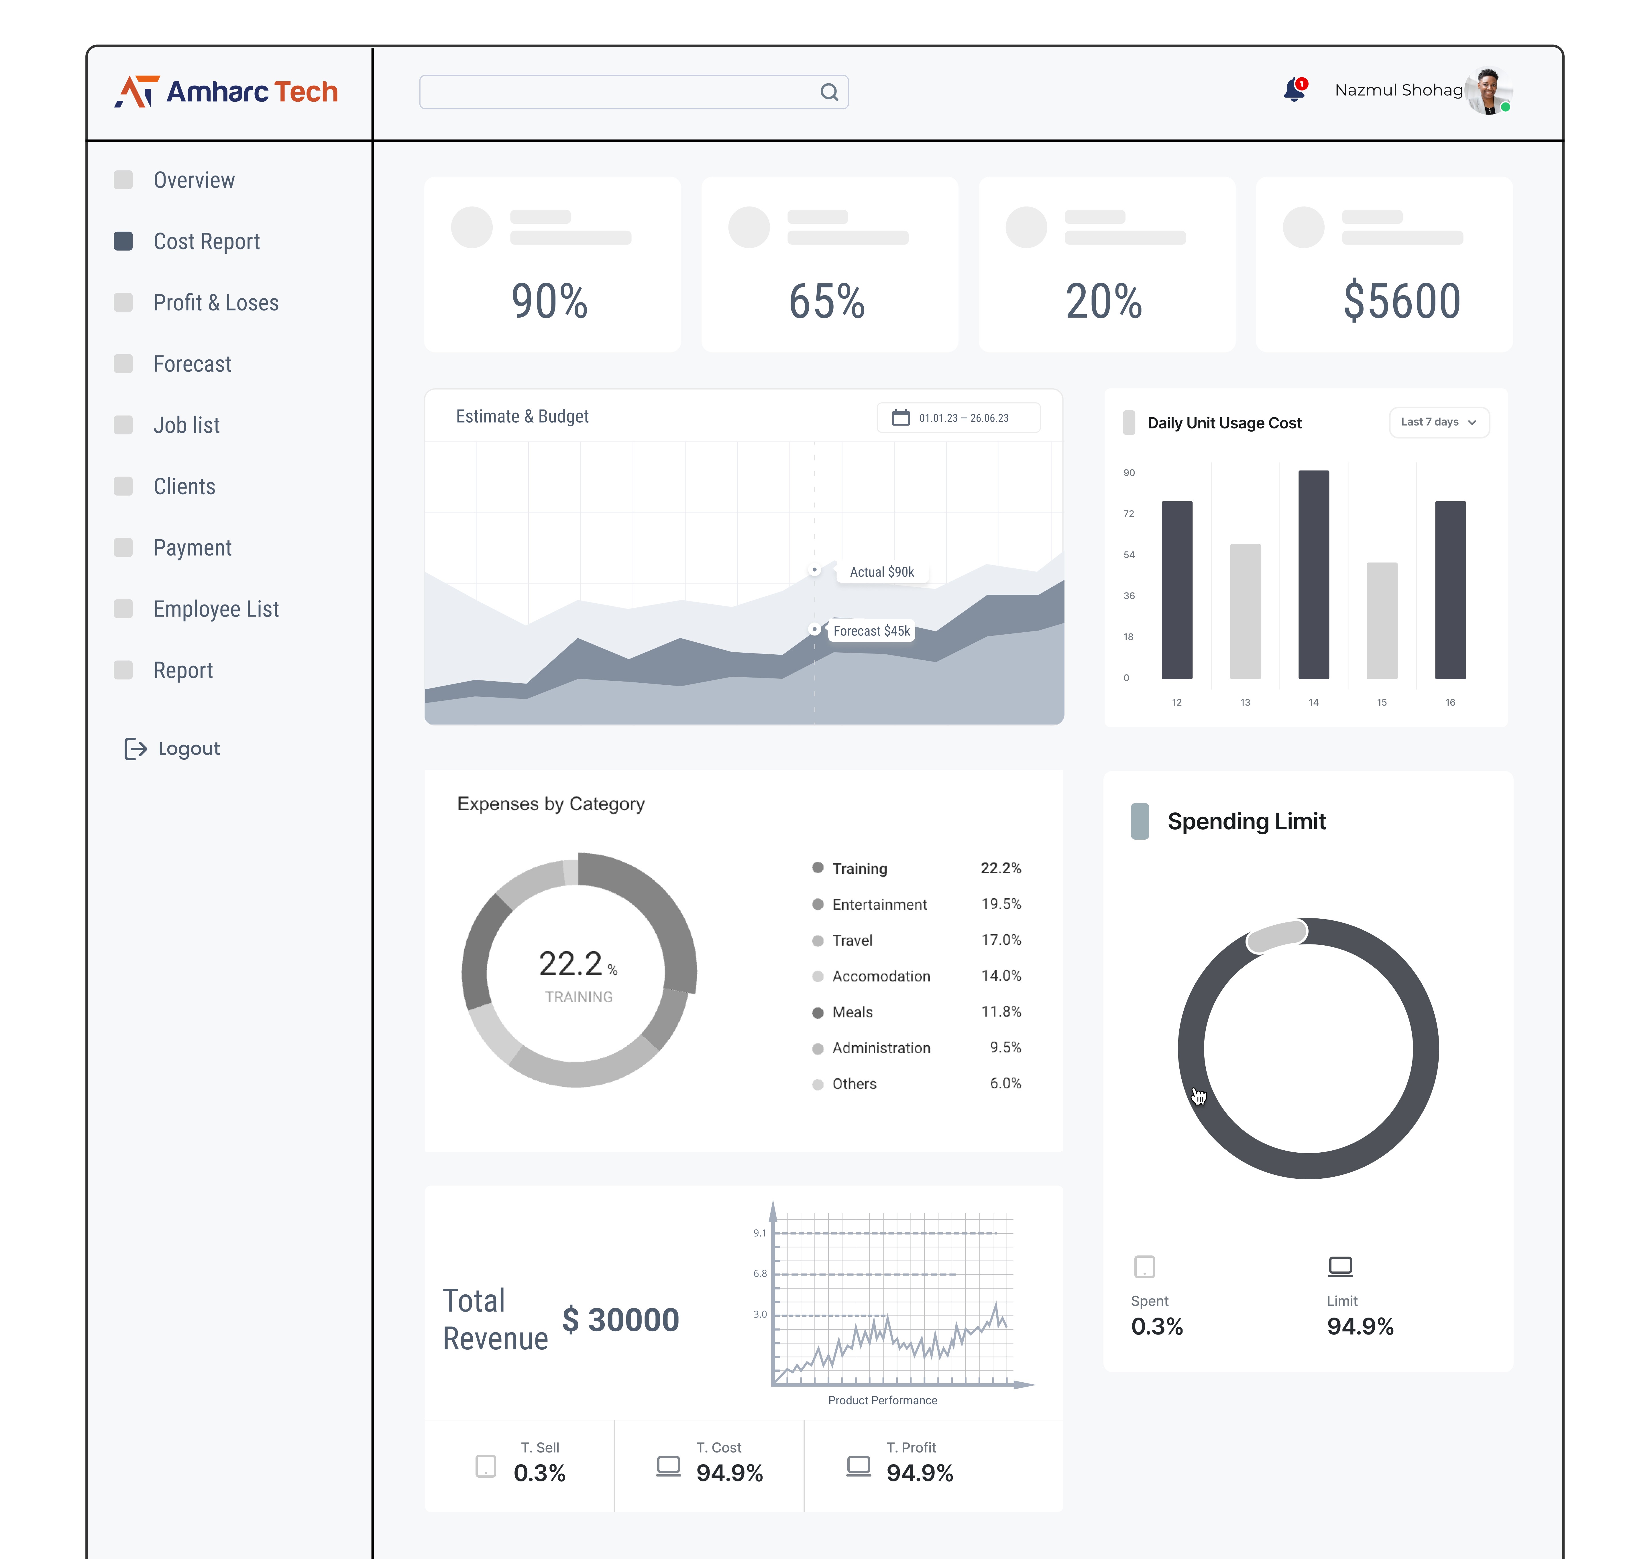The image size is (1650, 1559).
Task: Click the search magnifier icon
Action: tap(829, 92)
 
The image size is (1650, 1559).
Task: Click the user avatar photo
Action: tap(1488, 90)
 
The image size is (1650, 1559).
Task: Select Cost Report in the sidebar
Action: tap(206, 242)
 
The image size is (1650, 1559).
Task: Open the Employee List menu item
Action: tap(215, 609)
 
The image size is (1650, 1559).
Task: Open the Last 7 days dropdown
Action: tap(1438, 422)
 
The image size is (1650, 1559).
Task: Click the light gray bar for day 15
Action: tap(1382, 620)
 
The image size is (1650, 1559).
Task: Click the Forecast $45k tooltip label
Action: tap(871, 631)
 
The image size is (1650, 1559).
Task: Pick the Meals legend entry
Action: tap(852, 1012)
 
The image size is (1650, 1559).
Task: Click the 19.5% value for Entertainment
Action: tap(1001, 904)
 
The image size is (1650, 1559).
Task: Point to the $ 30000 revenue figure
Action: tap(621, 1320)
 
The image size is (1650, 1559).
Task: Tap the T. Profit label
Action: tap(911, 1448)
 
